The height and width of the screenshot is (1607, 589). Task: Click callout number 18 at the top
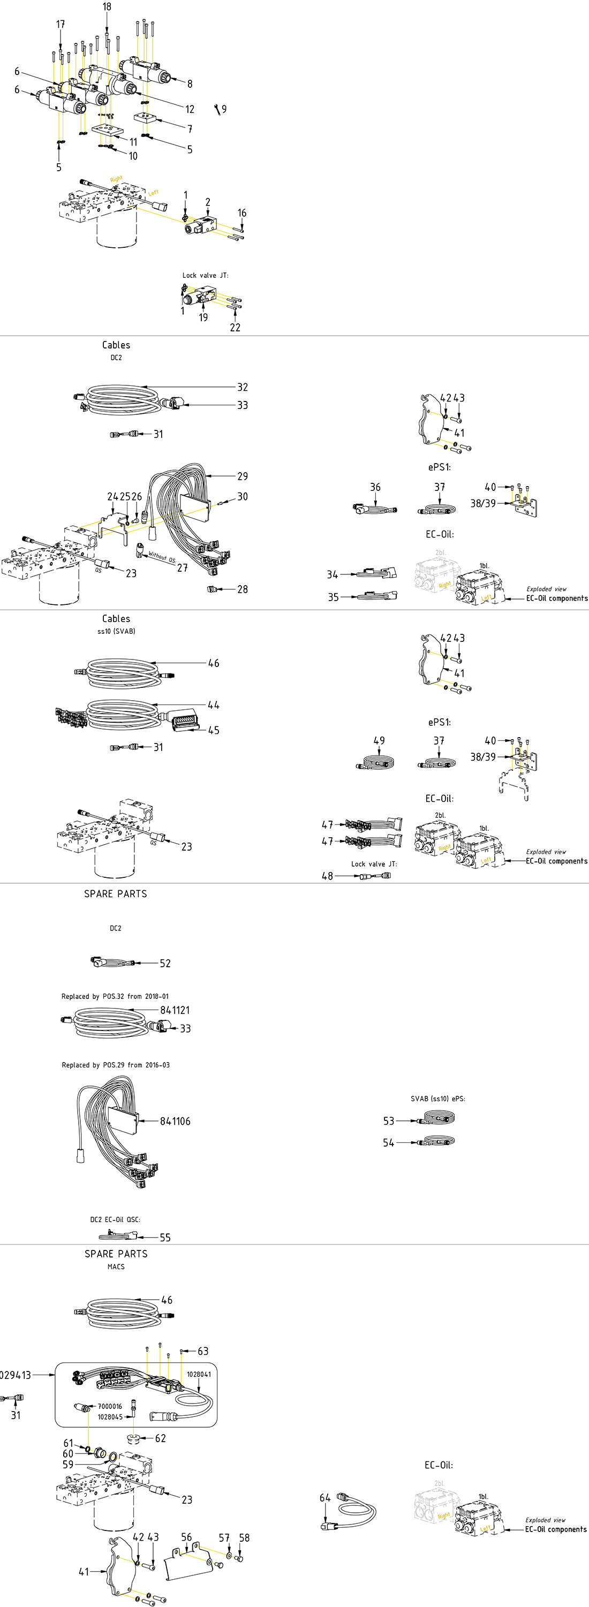[107, 7]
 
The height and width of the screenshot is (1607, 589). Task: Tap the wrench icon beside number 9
[216, 110]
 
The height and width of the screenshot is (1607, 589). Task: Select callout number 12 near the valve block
[190, 109]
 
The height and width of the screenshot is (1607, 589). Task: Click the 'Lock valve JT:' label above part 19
[205, 275]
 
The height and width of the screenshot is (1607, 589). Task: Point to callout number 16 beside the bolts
[242, 214]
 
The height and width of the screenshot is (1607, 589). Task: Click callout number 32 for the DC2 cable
[243, 388]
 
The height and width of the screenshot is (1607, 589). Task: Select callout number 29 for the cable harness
[243, 476]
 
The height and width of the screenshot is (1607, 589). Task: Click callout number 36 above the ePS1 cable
[375, 487]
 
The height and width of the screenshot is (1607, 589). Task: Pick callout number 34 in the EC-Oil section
[333, 574]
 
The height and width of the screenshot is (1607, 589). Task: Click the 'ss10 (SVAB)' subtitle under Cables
[116, 631]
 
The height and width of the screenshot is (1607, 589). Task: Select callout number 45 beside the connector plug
[214, 731]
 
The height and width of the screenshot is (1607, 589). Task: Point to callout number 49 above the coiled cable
[379, 741]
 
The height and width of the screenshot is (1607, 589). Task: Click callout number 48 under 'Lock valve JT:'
[327, 876]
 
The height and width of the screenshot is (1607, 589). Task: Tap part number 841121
[175, 1011]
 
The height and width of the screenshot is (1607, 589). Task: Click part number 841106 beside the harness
[175, 1121]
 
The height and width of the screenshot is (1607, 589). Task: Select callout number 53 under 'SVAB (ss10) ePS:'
[389, 1121]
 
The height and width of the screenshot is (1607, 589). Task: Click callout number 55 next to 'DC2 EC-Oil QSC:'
[165, 1238]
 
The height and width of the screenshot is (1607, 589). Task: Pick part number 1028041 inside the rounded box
[199, 1374]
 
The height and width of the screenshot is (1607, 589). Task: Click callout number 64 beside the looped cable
[325, 1498]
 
